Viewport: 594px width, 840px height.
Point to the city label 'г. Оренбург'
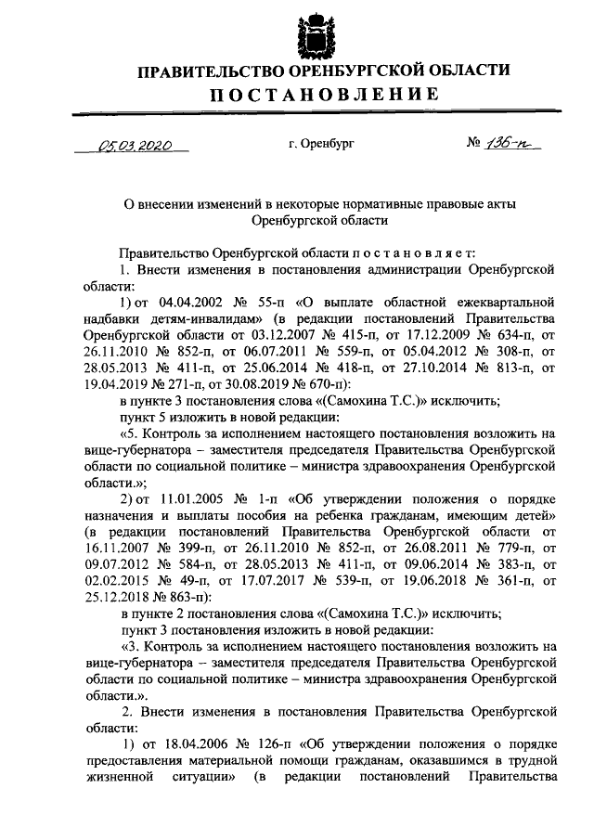(321, 145)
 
